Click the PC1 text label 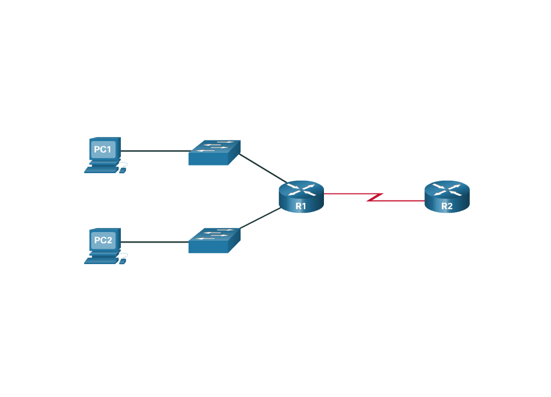click(103, 149)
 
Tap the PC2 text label click(103, 240)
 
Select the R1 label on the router click(301, 206)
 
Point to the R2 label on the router click(447, 206)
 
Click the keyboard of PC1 click(100, 170)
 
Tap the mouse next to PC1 click(123, 170)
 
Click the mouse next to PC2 click(123, 261)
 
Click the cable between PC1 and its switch click(155, 151)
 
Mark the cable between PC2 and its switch click(155, 242)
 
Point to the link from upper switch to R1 click(263, 169)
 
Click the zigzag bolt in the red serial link click(375, 197)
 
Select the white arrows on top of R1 click(301, 189)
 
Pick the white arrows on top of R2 click(447, 189)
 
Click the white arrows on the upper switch click(214, 146)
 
